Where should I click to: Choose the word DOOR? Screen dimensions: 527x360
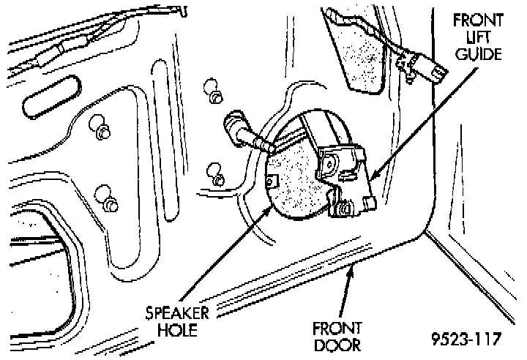pos(339,342)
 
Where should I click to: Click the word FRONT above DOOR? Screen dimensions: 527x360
pos(339,326)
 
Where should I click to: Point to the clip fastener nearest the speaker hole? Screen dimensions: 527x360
pos(216,176)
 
